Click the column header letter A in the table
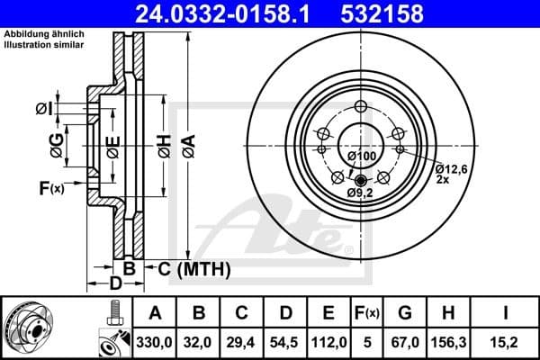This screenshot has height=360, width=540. click(x=155, y=314)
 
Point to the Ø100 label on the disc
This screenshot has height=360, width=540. click(x=362, y=156)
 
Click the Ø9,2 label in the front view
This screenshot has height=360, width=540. click(x=360, y=193)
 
